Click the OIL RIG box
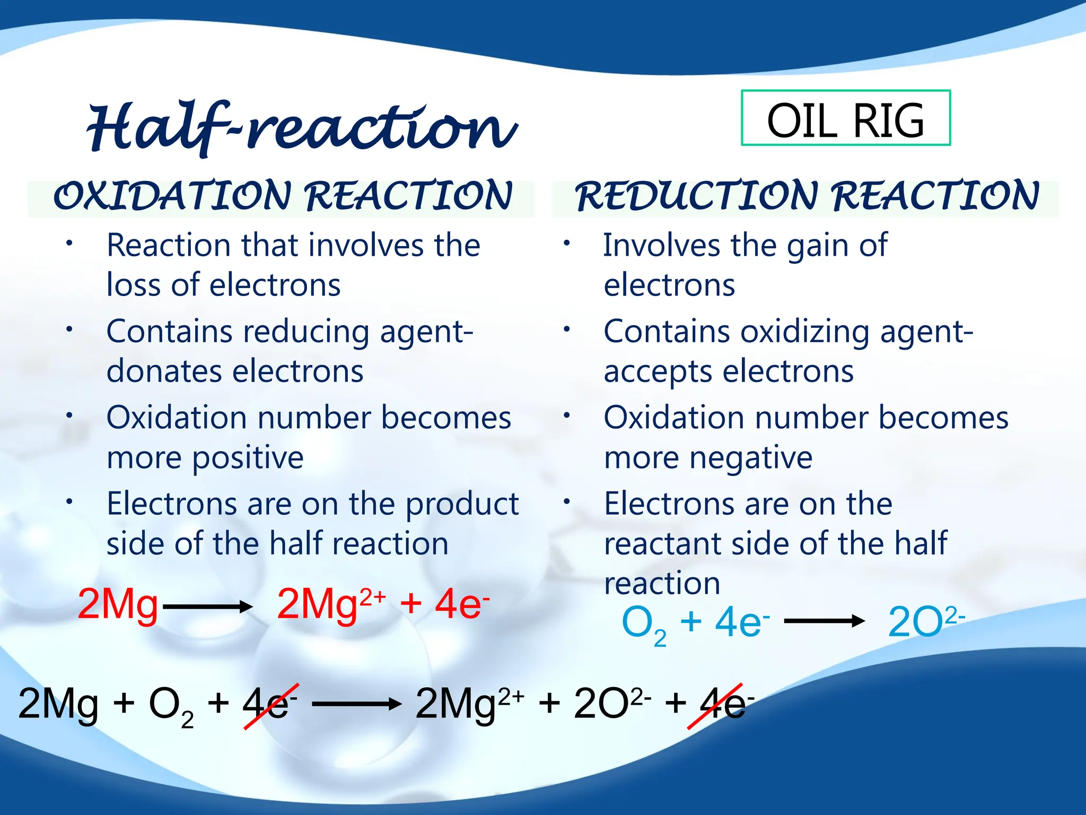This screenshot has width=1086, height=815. coord(845,118)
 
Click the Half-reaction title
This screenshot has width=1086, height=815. coord(301,127)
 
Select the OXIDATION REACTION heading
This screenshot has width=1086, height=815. coord(282,196)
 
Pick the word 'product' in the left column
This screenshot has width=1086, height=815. coord(462,504)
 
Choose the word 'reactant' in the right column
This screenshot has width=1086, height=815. coord(656,544)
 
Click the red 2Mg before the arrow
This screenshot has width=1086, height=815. coord(118,604)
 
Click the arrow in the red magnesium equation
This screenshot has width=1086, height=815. coord(207,606)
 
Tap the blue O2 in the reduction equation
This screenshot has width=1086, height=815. coord(643,624)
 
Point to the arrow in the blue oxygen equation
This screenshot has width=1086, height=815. coord(824,621)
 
